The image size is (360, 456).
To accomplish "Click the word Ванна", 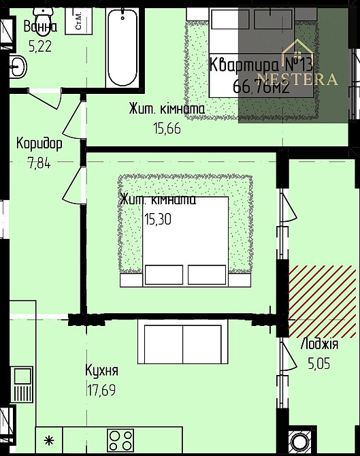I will pos(40,27).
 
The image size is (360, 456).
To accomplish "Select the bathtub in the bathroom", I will pos(123,46).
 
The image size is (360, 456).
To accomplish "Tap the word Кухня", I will pos(102,370).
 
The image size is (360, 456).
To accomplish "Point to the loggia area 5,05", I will pos(318,364).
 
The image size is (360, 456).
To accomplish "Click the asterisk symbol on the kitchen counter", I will pos(48,440).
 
